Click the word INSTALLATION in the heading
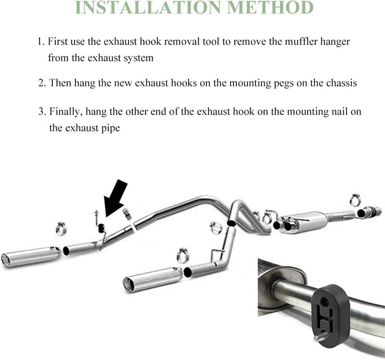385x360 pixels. point(149,7)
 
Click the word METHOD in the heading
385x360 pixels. point(270,7)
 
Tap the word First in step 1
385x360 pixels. point(57,41)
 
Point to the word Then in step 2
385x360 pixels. point(60,83)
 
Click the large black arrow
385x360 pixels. point(115,198)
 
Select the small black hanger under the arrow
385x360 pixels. point(101,229)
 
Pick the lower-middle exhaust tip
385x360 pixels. point(153,279)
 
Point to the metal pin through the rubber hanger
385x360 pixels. point(321,336)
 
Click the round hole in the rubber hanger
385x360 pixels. point(324,302)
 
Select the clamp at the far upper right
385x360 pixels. point(355,200)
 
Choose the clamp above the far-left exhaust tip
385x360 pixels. point(61,229)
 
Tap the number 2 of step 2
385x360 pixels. point(41,83)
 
